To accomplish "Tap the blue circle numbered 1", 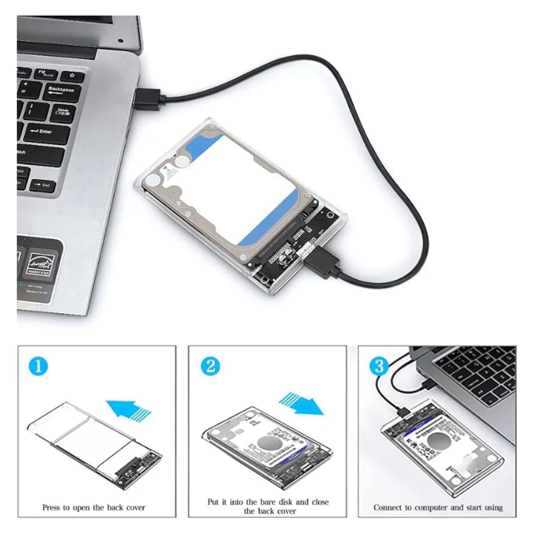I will coord(38,366).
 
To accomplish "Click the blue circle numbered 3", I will coord(379,366).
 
